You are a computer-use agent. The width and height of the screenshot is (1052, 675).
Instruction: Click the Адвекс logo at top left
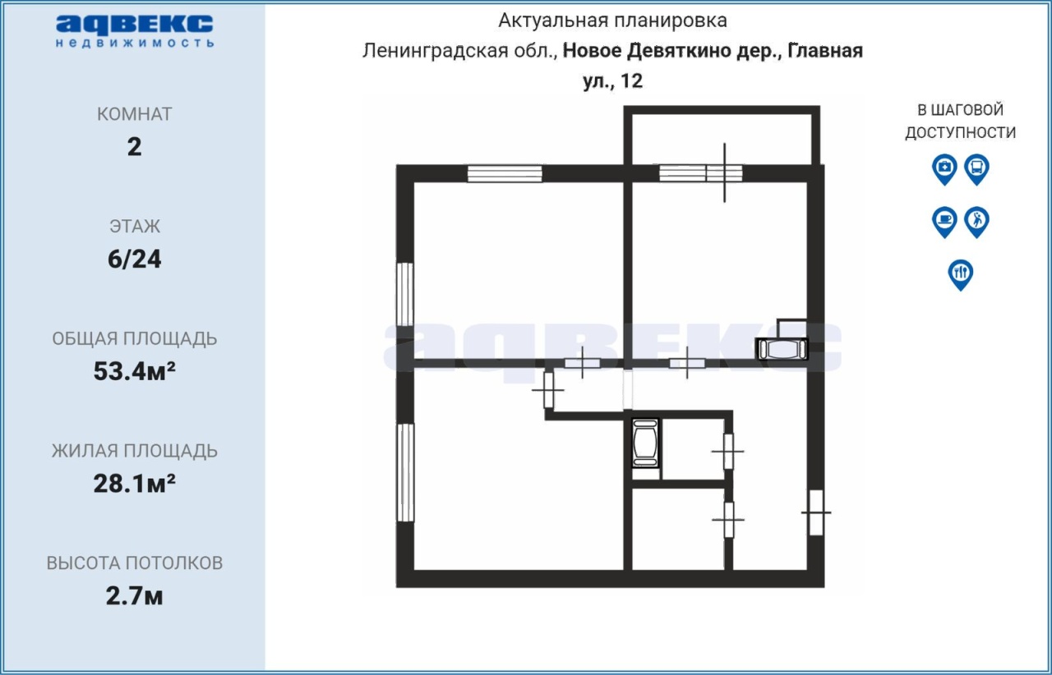pyautogui.click(x=134, y=31)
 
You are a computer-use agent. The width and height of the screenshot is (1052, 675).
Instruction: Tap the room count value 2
pyautogui.click(x=134, y=147)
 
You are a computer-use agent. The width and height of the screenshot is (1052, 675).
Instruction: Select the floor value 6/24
pyautogui.click(x=134, y=259)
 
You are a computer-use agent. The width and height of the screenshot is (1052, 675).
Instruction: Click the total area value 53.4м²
pyautogui.click(x=134, y=371)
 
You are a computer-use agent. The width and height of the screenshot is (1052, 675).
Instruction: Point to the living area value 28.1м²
pyautogui.click(x=134, y=484)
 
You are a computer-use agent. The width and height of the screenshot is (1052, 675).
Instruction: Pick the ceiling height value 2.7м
pyautogui.click(x=134, y=595)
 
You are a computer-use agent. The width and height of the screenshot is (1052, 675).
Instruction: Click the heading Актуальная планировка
pyautogui.click(x=612, y=21)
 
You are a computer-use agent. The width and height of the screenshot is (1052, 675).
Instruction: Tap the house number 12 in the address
pyautogui.click(x=631, y=80)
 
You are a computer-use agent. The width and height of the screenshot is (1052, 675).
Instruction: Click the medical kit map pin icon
pyautogui.click(x=944, y=169)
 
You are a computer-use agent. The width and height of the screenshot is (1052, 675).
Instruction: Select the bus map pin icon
pyautogui.click(x=977, y=169)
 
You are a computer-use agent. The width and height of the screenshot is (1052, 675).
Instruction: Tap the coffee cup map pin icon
pyautogui.click(x=944, y=222)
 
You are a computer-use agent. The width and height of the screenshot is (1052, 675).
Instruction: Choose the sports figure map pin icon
pyautogui.click(x=977, y=222)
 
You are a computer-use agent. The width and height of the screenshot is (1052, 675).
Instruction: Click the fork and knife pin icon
pyautogui.click(x=961, y=274)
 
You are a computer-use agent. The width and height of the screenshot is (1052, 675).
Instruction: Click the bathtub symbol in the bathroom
pyautogui.click(x=645, y=443)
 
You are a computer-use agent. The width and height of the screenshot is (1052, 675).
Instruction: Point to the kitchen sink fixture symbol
pyautogui.click(x=782, y=349)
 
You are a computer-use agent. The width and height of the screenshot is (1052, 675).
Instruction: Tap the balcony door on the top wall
pyautogui.click(x=724, y=172)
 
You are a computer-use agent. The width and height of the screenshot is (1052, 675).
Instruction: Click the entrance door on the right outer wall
pyautogui.click(x=816, y=512)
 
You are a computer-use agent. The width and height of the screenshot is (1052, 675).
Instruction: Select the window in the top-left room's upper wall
pyautogui.click(x=505, y=173)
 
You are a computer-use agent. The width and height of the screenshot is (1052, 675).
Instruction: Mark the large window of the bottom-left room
pyautogui.click(x=406, y=472)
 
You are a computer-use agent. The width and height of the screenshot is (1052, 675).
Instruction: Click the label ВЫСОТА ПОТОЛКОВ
pyautogui.click(x=134, y=562)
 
